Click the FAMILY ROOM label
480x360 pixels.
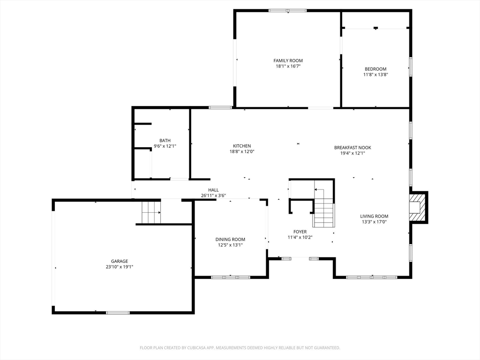coord(288,60)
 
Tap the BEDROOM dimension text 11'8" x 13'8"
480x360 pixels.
coord(375,75)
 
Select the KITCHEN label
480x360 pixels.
coord(242,146)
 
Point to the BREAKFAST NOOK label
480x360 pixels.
coord(352,147)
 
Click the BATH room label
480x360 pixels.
coord(165,140)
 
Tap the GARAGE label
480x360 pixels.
coord(120,261)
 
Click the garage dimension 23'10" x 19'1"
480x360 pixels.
coord(120,267)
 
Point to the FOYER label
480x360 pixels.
coord(300,232)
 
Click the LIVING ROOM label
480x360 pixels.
coord(374,216)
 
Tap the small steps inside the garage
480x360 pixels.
coord(151,212)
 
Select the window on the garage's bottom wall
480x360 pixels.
coord(118,312)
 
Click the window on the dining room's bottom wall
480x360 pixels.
coord(230,277)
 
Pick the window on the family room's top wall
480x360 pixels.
coord(287,10)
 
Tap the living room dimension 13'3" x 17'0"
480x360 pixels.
coord(374,222)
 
